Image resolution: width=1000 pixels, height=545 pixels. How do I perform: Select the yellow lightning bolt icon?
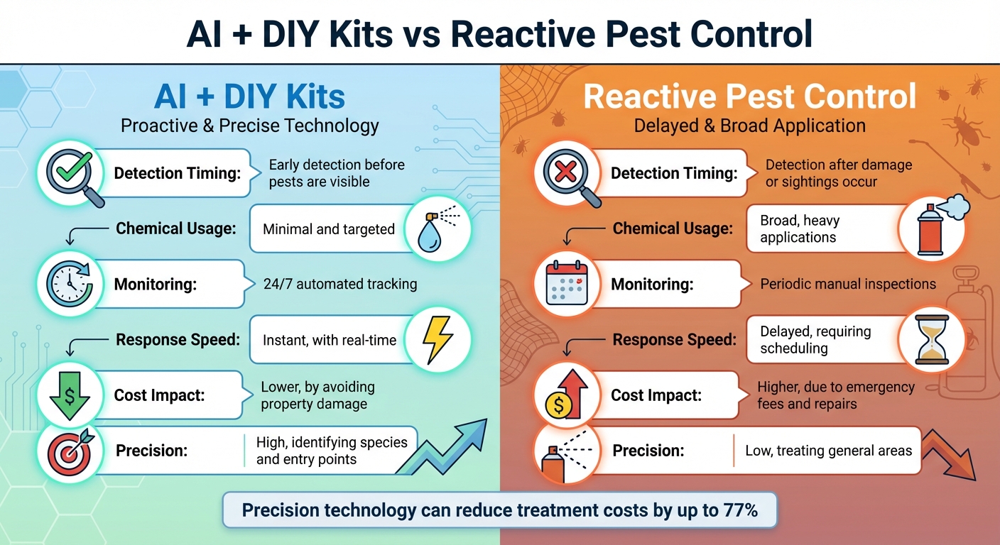pos(436,339)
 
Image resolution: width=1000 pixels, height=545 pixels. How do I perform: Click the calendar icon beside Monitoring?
pos(567,284)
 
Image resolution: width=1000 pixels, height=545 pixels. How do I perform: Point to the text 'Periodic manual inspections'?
pos(848,285)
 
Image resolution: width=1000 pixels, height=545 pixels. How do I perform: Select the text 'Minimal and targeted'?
pos(329,229)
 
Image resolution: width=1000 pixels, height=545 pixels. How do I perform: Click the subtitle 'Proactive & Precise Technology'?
pos(250,126)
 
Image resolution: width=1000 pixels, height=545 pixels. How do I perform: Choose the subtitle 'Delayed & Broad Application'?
pos(749,126)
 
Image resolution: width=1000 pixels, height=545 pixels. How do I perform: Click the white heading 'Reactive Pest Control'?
pos(749,96)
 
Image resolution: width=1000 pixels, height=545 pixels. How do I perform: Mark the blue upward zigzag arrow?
pos(445,447)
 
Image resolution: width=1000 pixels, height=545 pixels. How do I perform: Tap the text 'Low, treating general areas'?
pos(828,451)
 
